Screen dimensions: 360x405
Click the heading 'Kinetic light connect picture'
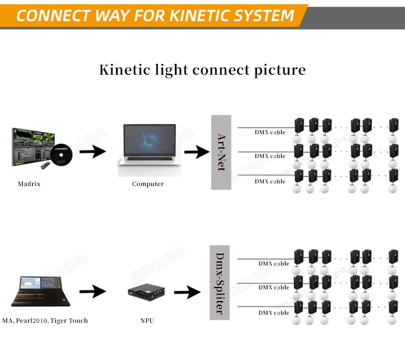tap(202, 70)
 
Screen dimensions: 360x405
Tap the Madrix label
tap(29, 184)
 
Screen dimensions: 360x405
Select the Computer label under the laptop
tap(148, 184)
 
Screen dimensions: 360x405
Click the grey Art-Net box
tap(220, 152)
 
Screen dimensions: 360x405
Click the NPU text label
tap(147, 321)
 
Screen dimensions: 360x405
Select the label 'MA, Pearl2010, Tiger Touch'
tap(45, 321)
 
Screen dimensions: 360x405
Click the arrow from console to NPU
tap(93, 292)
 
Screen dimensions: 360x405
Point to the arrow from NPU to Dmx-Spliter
tap(187, 292)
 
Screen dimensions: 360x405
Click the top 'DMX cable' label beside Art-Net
tap(270, 132)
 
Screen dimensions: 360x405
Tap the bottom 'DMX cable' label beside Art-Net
tap(270, 181)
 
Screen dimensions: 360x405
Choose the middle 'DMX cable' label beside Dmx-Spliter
tap(274, 287)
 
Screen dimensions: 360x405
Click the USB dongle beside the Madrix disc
tap(47, 165)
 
